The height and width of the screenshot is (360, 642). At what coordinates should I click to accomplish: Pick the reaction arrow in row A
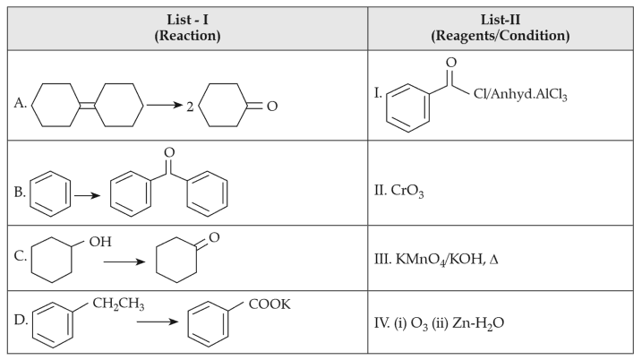coord(166,106)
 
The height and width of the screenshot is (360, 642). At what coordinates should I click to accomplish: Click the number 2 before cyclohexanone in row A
coord(189,107)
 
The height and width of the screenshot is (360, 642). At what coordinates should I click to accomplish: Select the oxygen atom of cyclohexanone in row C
coord(212,239)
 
